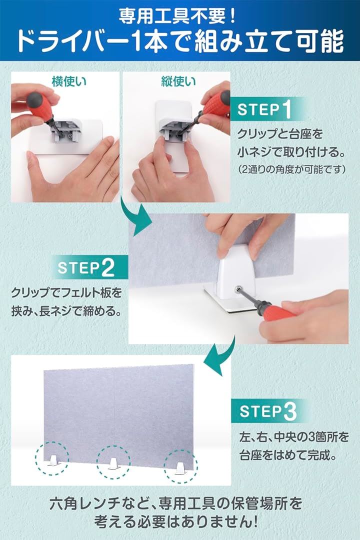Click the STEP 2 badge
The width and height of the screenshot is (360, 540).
(86, 267)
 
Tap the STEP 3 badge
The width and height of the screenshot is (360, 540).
(268, 411)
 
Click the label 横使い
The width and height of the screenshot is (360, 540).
(69, 81)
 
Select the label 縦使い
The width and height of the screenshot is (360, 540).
(178, 81)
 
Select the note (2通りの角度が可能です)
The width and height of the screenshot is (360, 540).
(291, 169)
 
